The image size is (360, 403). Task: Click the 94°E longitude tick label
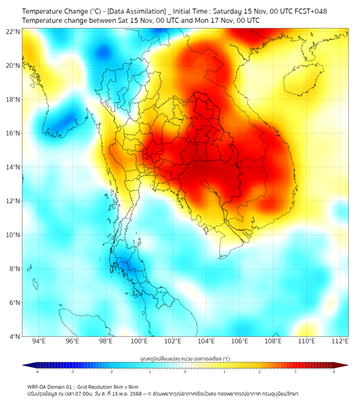point(39,341)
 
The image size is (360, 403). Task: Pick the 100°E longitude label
point(139,341)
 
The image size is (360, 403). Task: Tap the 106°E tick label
point(240,341)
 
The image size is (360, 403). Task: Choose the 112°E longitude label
point(340,341)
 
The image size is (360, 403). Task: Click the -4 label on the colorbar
point(37,372)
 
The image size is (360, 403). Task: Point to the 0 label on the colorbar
point(185,372)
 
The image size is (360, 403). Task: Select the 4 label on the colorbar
point(333,372)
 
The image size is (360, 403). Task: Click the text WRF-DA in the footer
point(38,386)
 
